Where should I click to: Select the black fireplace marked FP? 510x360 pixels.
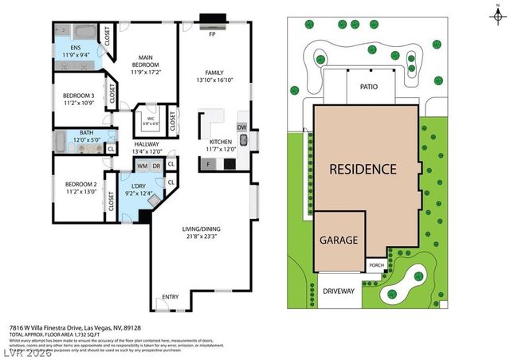pyautogui.click(x=212, y=21)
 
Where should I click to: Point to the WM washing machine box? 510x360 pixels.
pyautogui.click(x=143, y=165)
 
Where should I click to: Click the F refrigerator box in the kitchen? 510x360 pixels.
pyautogui.click(x=209, y=164)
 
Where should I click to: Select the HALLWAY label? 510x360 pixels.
pyautogui.click(x=147, y=144)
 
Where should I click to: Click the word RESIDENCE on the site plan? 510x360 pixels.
pyautogui.click(x=363, y=169)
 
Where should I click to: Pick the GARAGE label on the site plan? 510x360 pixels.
pyautogui.click(x=339, y=239)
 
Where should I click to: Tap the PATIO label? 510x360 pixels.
pyautogui.click(x=368, y=86)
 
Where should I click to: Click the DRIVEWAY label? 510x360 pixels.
pyautogui.click(x=339, y=291)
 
